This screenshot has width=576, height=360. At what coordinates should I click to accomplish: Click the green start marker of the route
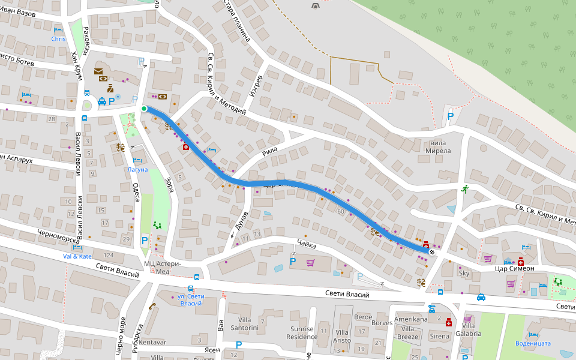pos(144,109)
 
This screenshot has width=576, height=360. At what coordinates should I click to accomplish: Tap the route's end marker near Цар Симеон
pos(432,252)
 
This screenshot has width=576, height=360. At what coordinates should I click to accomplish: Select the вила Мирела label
pos(437,147)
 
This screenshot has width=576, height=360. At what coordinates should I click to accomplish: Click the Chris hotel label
pos(58,39)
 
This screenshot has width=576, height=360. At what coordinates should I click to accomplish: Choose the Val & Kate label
pos(77,256)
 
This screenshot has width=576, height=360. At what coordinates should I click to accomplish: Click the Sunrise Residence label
pos(302,332)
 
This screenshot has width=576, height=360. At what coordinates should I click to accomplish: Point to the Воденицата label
pos(533,343)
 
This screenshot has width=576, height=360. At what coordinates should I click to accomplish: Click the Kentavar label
pos(152,342)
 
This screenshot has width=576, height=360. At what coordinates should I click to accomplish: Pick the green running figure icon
pos(464,189)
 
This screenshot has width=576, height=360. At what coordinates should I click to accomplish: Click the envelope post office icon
pos(98,71)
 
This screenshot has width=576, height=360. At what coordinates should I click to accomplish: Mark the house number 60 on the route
pos(341,211)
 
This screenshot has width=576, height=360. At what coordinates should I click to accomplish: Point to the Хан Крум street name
pos(75,64)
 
